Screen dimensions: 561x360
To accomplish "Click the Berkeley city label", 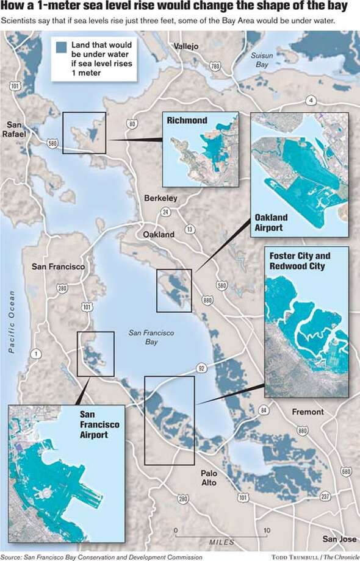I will click(160, 198).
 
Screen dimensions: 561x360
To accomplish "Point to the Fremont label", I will click(308, 412).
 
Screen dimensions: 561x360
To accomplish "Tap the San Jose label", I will click(339, 539).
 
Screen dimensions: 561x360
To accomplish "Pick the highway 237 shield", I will click(325, 496).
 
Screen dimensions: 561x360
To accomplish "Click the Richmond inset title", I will click(187, 121).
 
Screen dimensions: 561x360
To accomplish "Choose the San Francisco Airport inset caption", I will click(99, 424).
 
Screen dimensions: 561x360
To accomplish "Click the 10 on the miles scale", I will click(266, 531).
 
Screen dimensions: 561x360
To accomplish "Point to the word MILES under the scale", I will click(221, 542).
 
